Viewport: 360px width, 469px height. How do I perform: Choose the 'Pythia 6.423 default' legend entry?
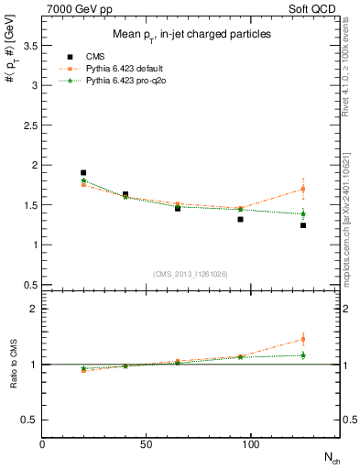tap(125, 69)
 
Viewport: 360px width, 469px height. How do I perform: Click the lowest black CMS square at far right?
tap(303, 225)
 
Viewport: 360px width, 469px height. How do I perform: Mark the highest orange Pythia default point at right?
tap(303, 190)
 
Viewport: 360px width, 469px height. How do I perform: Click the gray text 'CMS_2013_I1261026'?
tap(190, 274)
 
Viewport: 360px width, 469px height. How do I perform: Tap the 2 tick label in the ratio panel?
tap(33, 309)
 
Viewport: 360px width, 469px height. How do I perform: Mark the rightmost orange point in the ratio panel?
tap(303, 339)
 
